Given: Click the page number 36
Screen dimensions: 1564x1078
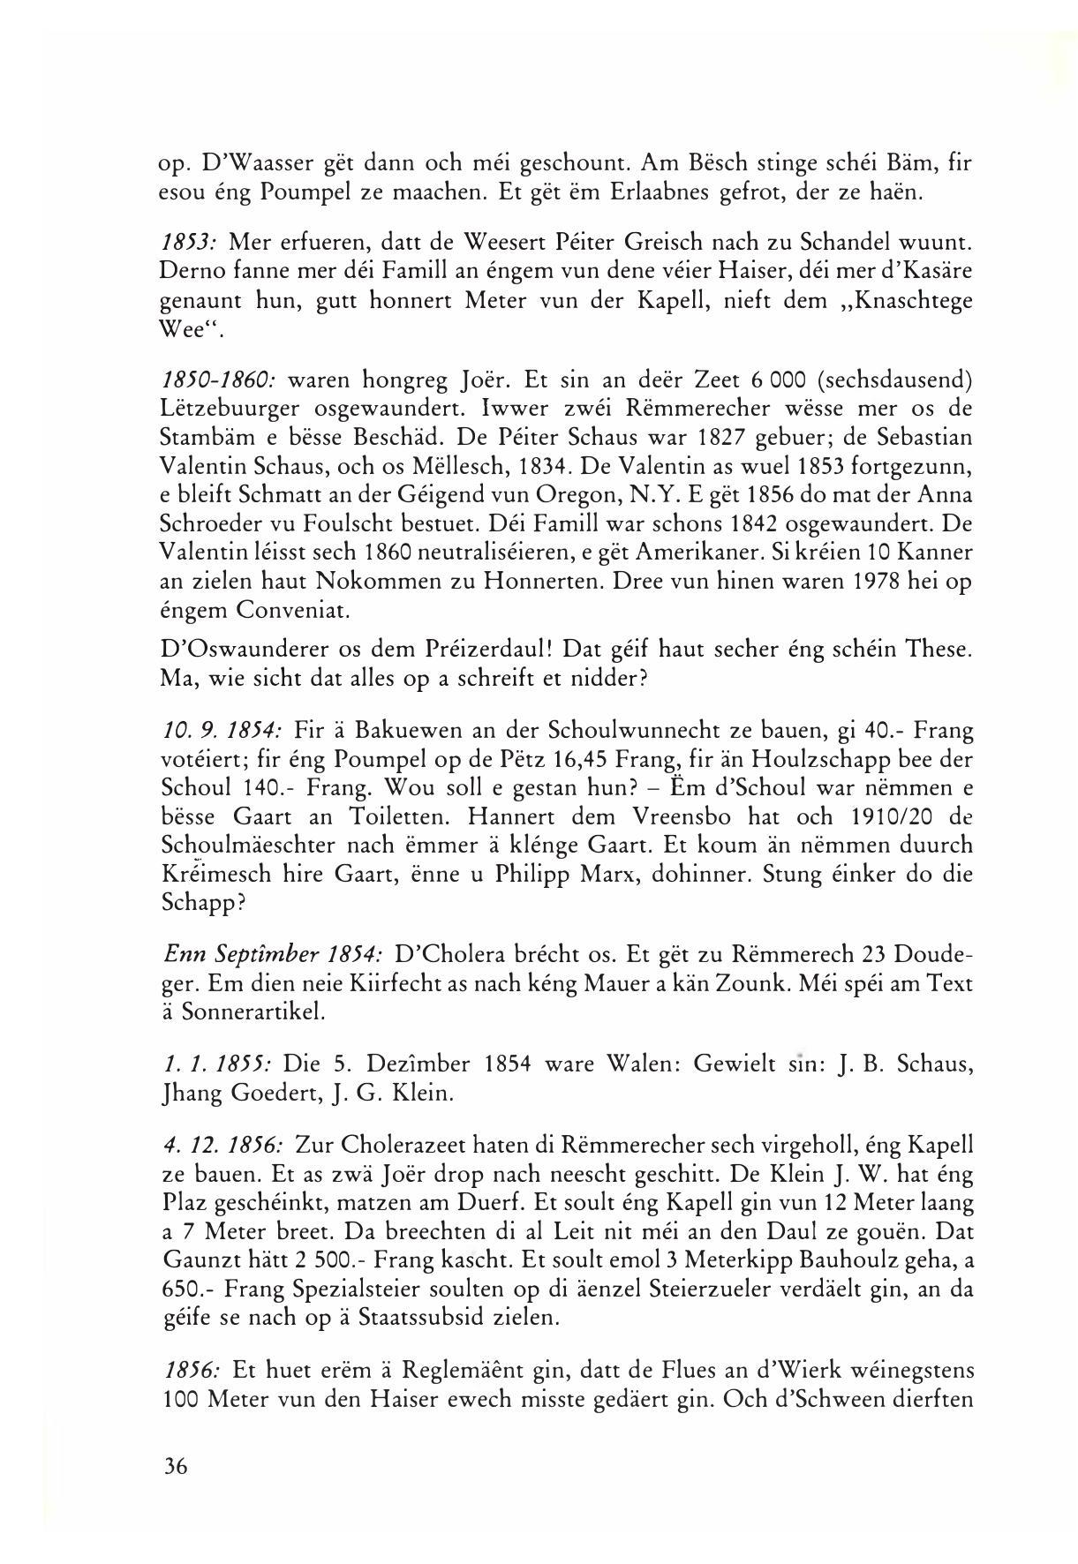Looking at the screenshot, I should pyautogui.click(x=176, y=1466).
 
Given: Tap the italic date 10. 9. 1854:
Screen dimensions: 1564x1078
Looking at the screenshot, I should pyautogui.click(x=222, y=731).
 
